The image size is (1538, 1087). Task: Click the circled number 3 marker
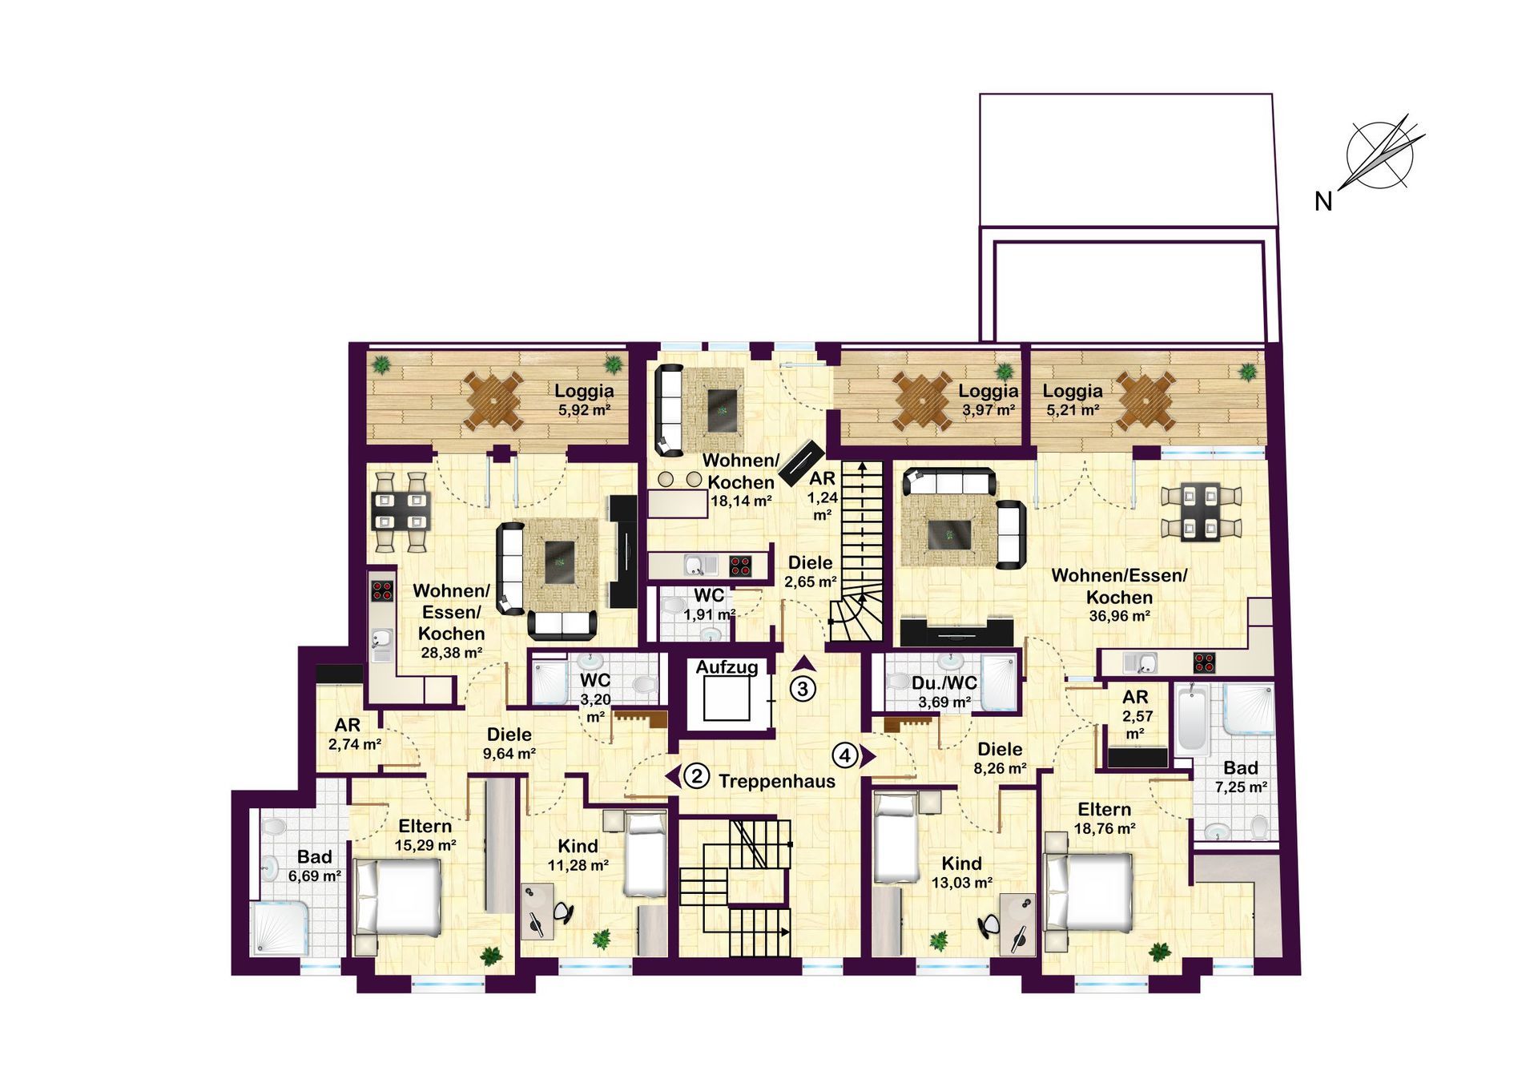tap(803, 688)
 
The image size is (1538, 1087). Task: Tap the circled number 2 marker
tap(697, 776)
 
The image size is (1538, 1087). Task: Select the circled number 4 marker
tap(845, 755)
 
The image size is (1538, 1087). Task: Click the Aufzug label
tap(727, 667)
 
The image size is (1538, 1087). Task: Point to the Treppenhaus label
tap(777, 782)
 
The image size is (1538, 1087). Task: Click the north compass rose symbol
tap(1381, 155)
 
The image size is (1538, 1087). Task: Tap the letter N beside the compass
tap(1323, 202)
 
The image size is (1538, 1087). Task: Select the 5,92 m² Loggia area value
tap(585, 410)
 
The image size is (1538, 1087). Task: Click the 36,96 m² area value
tap(1119, 616)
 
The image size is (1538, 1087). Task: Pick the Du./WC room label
tap(944, 683)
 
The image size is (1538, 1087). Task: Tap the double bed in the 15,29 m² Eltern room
tap(397, 897)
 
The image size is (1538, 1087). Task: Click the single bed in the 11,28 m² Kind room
tap(645, 854)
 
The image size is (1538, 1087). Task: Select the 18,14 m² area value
tap(741, 501)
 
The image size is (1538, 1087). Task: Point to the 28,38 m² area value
tap(452, 653)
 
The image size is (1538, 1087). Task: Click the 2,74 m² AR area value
tap(355, 744)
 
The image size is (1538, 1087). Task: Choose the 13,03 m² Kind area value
tap(962, 883)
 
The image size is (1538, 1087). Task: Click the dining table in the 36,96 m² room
tap(1201, 511)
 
